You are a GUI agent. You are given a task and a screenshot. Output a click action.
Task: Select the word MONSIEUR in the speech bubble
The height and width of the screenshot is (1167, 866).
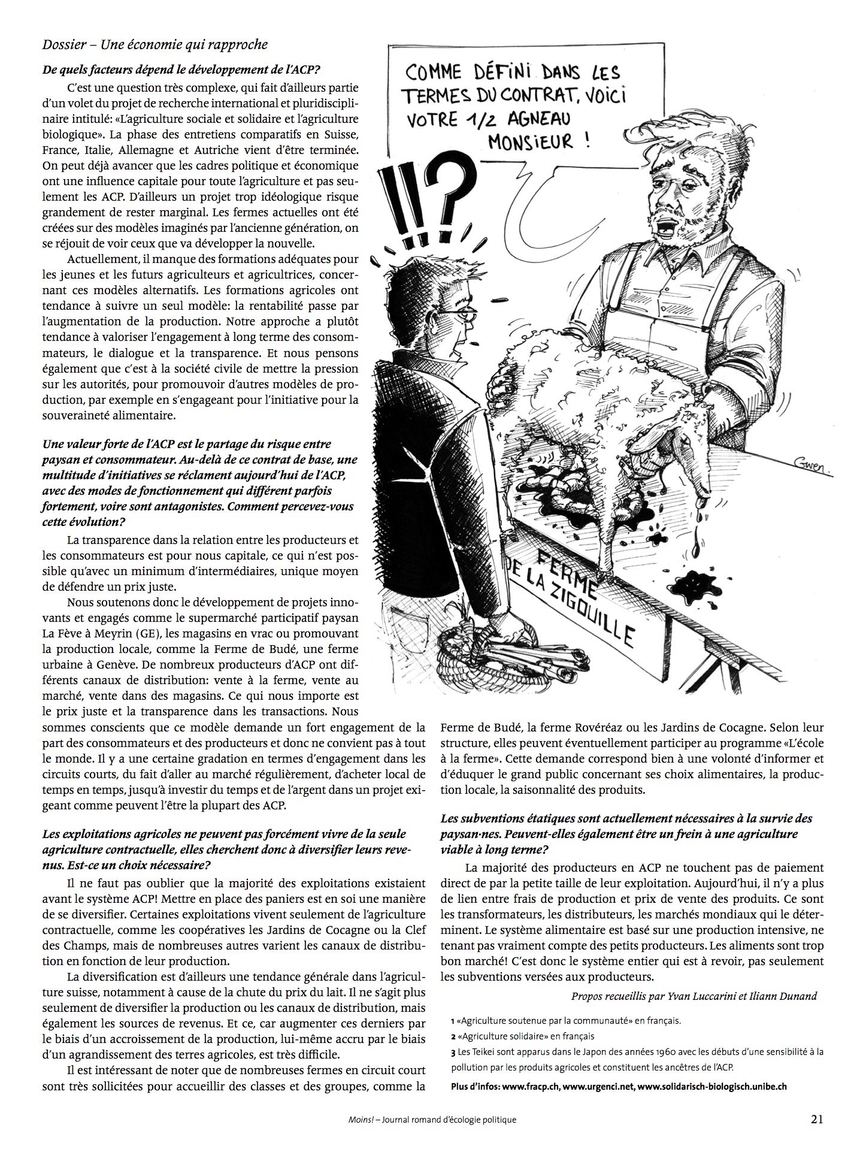(538, 143)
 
